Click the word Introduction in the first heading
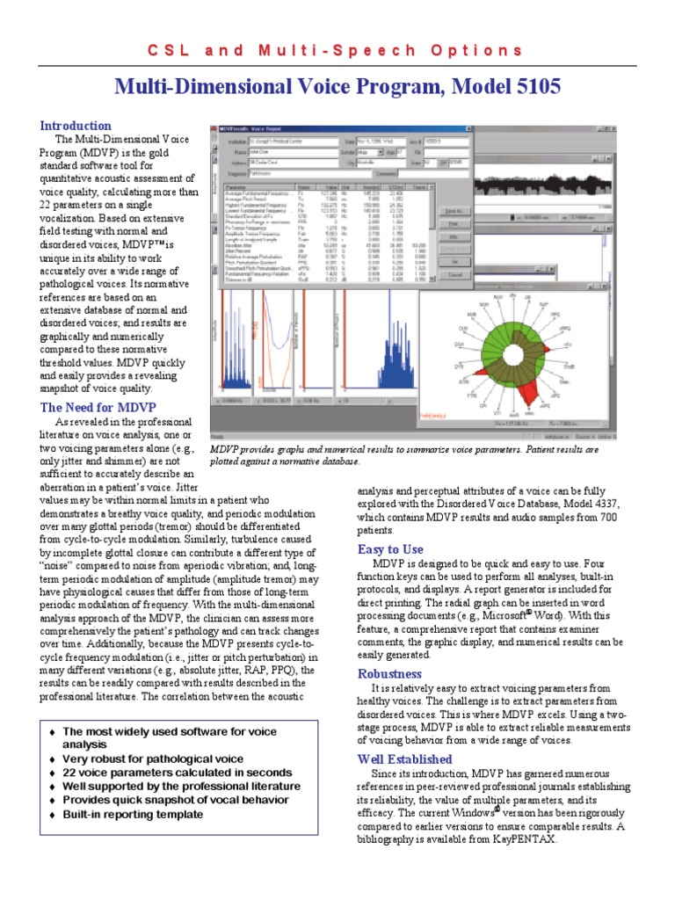click(x=76, y=126)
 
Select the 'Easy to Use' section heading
click(x=390, y=549)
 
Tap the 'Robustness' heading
click(x=389, y=673)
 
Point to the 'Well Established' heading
click(x=404, y=758)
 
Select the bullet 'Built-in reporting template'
click(x=132, y=815)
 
